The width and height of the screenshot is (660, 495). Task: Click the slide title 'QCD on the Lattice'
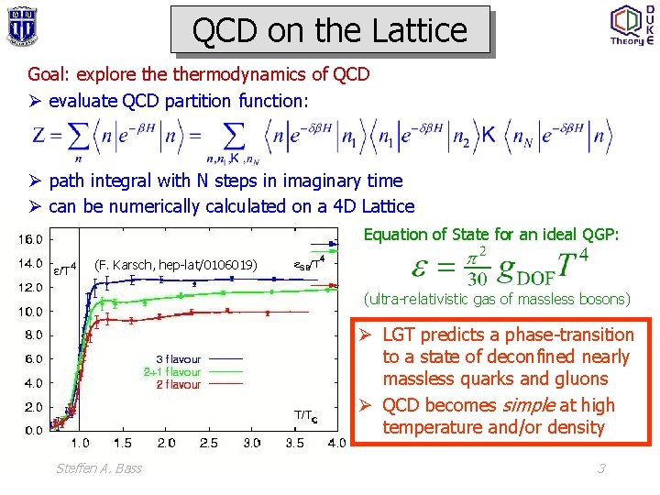click(329, 30)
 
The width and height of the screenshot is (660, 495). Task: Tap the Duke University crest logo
click(21, 25)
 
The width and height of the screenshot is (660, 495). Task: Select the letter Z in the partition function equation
click(38, 135)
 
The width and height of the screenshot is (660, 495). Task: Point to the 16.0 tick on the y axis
click(31, 239)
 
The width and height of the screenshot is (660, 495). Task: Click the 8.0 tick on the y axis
click(32, 335)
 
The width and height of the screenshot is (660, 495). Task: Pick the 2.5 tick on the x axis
click(208, 443)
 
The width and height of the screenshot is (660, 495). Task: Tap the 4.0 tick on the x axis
click(336, 443)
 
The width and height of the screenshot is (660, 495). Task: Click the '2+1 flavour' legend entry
click(171, 371)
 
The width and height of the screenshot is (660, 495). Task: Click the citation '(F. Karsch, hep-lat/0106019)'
click(176, 266)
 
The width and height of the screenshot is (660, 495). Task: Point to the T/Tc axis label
click(306, 415)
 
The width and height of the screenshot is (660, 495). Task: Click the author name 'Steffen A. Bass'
click(100, 469)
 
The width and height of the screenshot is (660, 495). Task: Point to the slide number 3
click(601, 469)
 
